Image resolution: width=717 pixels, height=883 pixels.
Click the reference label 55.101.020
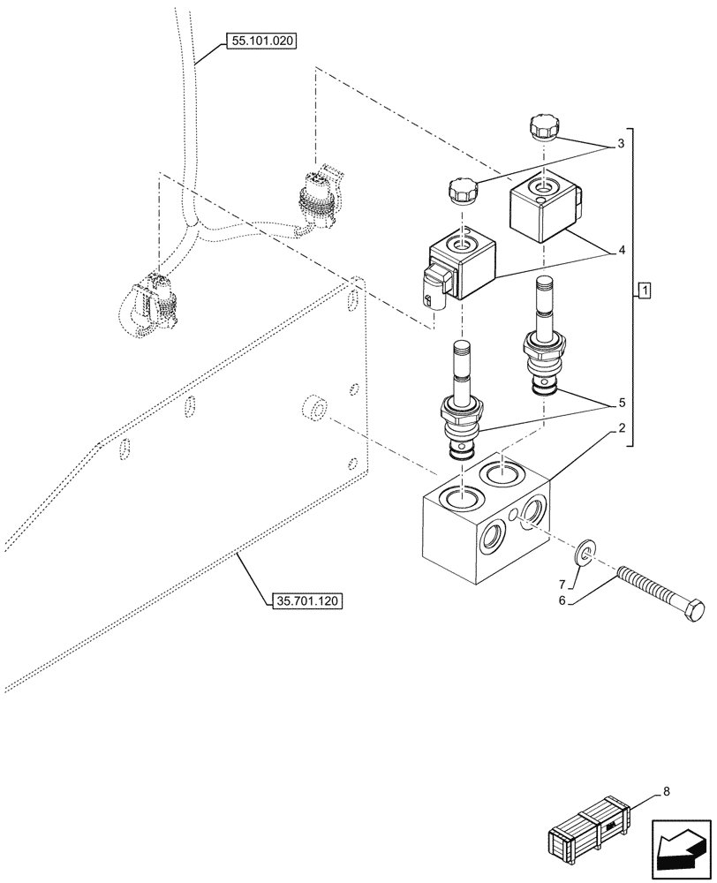click(x=261, y=41)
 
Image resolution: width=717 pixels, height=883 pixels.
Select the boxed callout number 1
click(x=645, y=290)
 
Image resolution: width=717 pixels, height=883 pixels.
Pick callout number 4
click(x=622, y=251)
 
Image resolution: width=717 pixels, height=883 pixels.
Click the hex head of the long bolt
click(x=695, y=610)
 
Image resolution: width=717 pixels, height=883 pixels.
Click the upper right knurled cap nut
click(x=541, y=127)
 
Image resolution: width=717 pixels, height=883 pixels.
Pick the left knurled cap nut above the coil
click(x=462, y=190)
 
